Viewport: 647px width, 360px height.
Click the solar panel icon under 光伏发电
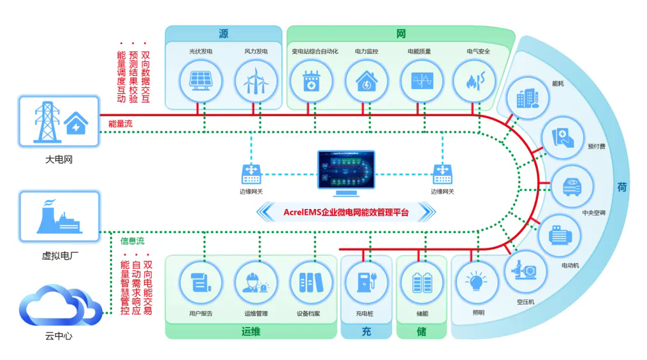[x=201, y=81]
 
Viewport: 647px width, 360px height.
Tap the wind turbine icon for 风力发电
[x=256, y=81]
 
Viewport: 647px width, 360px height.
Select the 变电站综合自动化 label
[x=315, y=51]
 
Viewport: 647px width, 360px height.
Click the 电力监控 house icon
[x=367, y=81]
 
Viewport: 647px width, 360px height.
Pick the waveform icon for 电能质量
[x=422, y=80]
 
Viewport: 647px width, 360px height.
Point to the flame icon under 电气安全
[x=474, y=81]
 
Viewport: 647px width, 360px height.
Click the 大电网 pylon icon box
[x=59, y=121]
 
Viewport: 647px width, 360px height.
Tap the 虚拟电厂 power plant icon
[x=59, y=216]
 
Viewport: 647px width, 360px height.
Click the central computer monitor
[x=345, y=173]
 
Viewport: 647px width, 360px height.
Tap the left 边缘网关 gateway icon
[x=251, y=174]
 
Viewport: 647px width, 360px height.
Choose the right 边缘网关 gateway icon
[x=442, y=174]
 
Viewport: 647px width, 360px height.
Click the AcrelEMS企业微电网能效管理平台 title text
[x=345, y=212]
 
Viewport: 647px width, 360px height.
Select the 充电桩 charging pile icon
[x=367, y=282]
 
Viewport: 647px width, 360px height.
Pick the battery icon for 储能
[x=422, y=283]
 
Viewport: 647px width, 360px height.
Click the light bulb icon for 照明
[x=476, y=282]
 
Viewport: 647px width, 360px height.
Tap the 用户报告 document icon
[x=201, y=283]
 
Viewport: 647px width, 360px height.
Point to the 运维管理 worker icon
[x=256, y=283]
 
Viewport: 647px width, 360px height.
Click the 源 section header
[x=223, y=33]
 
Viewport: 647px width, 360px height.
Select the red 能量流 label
[x=120, y=124]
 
